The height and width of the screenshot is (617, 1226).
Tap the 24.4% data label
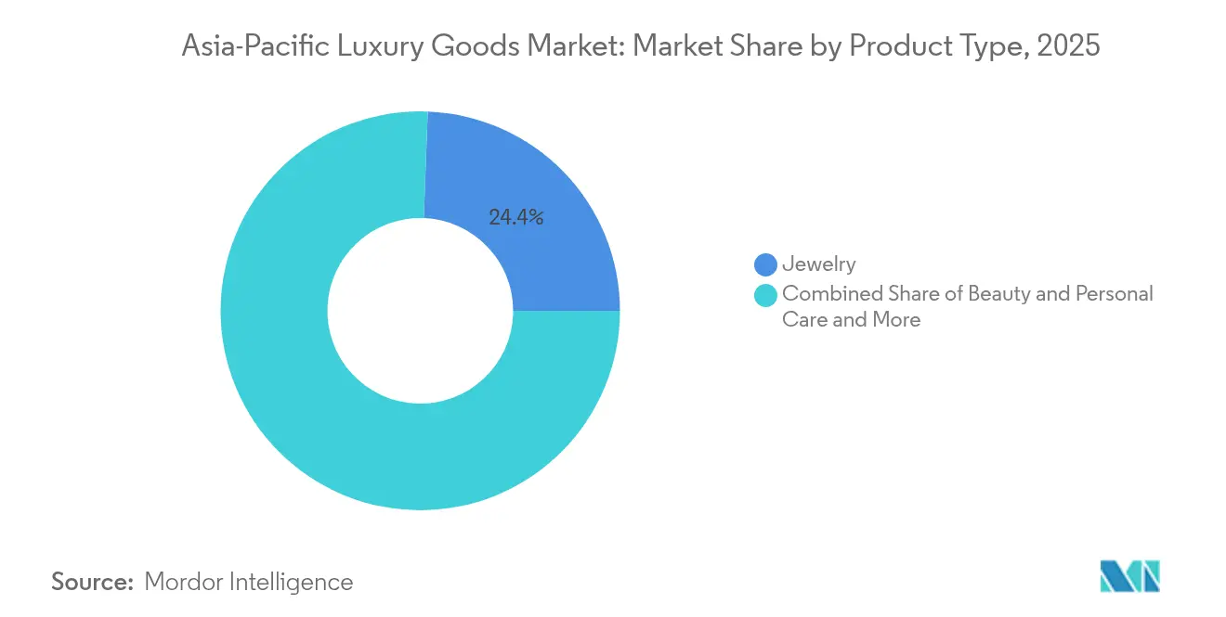pyautogui.click(x=515, y=218)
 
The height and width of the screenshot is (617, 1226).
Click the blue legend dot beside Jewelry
pyautogui.click(x=765, y=265)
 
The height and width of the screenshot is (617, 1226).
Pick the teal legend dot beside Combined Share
pyautogui.click(x=765, y=295)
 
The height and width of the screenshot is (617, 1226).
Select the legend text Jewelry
pyautogui.click(x=818, y=265)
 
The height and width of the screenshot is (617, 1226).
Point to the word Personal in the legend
pyautogui.click(x=1114, y=294)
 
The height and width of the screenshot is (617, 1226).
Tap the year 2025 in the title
pyautogui.click(x=1069, y=45)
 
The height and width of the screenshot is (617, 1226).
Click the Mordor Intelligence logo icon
pyautogui.click(x=1129, y=576)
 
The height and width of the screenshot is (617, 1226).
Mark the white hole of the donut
pyautogui.click(x=420, y=311)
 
